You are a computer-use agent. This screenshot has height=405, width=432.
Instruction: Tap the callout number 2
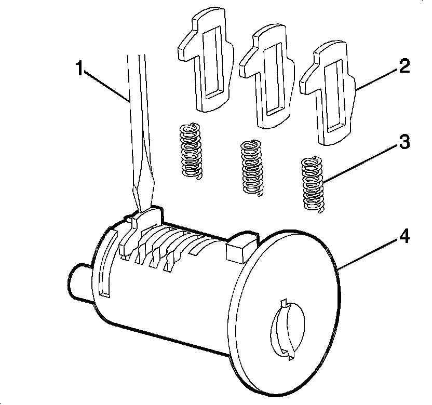pyautogui.click(x=404, y=66)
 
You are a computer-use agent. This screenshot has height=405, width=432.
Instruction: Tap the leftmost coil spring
pyautogui.click(x=190, y=151)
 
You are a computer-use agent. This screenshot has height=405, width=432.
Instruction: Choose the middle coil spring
pyautogui.click(x=252, y=167)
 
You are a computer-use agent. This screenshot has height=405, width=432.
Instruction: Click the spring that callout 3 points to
pyautogui.click(x=313, y=184)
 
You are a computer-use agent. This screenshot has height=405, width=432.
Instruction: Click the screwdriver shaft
pyautogui.click(x=137, y=114)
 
